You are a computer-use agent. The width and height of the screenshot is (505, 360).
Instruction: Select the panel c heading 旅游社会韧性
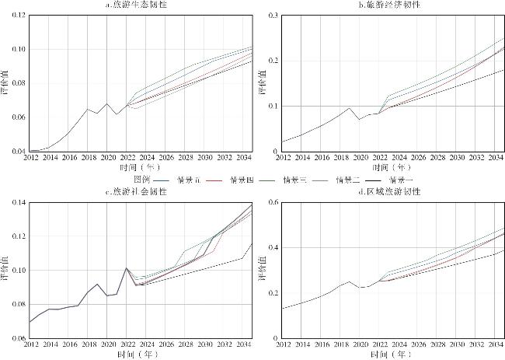tap(141, 191)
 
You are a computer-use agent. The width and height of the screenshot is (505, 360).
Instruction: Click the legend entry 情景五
tap(189, 180)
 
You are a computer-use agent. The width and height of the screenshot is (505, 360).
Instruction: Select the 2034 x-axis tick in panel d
tap(494, 344)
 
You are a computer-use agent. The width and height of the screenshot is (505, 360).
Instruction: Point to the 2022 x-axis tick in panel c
tap(127, 344)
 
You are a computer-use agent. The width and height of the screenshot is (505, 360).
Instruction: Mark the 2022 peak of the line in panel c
tap(127, 268)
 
